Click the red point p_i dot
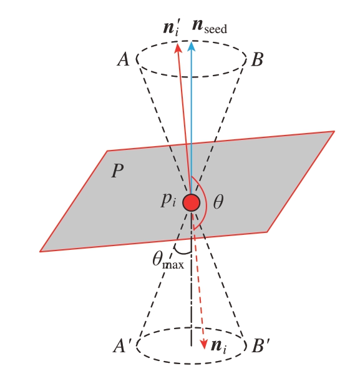pyautogui.click(x=191, y=202)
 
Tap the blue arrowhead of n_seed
pyautogui.click(x=191, y=46)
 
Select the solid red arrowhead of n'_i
pyautogui.click(x=178, y=47)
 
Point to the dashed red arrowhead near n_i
pyautogui.click(x=203, y=344)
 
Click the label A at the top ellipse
pyautogui.click(x=124, y=59)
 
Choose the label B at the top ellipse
pyautogui.click(x=258, y=59)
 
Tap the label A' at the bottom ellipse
pyautogui.click(x=122, y=346)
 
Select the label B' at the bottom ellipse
pyautogui.click(x=261, y=346)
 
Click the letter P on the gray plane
pyautogui.click(x=117, y=171)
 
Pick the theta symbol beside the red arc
pyautogui.click(x=218, y=202)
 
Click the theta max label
pyautogui.click(x=168, y=260)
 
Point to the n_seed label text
pyautogui.click(x=210, y=26)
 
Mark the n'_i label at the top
pyautogui.click(x=171, y=28)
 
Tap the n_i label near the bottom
pyautogui.click(x=218, y=346)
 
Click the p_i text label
pyautogui.click(x=168, y=200)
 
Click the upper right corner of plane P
pyautogui.click(x=334, y=131)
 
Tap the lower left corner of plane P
pyautogui.click(x=40, y=251)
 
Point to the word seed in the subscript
pyautogui.click(x=216, y=29)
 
